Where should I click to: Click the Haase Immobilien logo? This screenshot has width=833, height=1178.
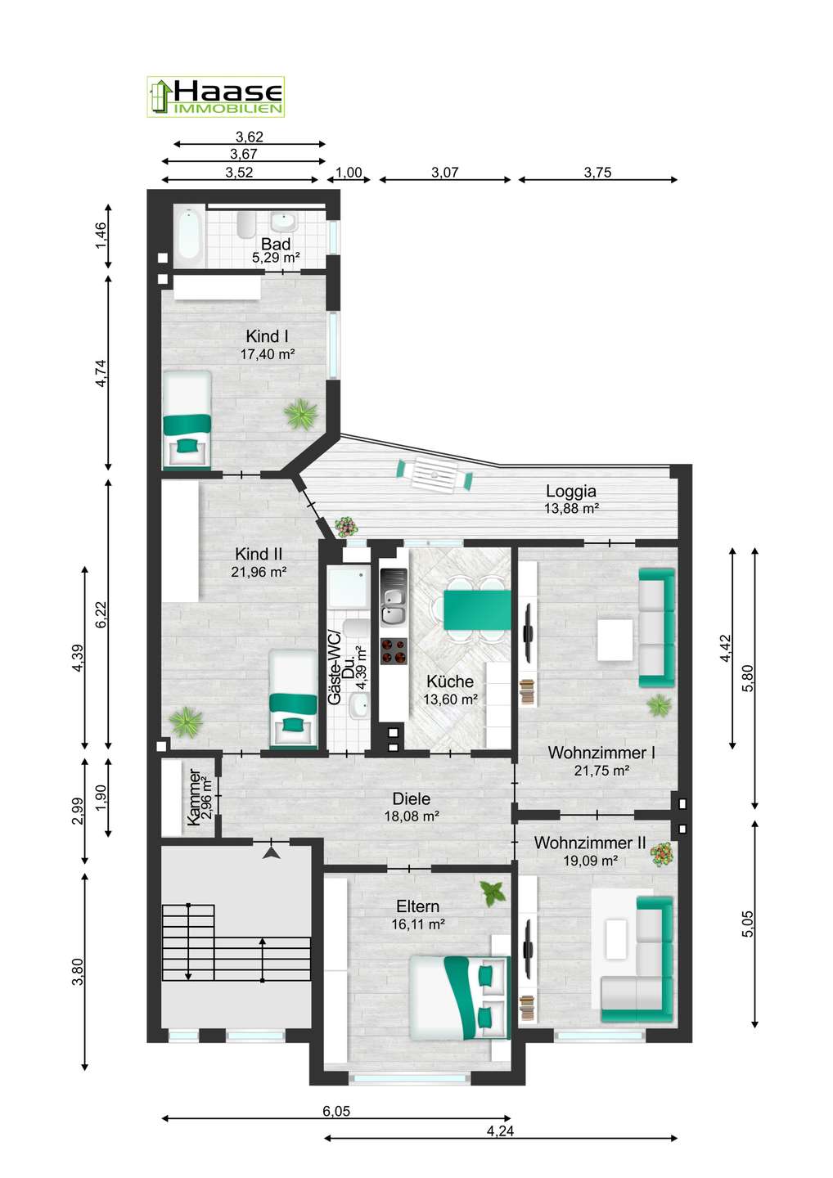(215, 97)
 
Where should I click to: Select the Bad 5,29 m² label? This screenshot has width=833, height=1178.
(276, 250)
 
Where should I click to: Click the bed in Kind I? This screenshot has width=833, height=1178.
(187, 419)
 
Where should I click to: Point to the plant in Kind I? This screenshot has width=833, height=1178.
(301, 415)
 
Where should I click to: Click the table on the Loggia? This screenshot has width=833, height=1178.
(435, 474)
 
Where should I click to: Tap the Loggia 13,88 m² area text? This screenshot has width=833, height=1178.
(572, 499)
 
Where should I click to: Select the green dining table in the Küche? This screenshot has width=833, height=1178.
(477, 609)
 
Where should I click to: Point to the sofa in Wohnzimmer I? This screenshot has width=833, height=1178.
(656, 627)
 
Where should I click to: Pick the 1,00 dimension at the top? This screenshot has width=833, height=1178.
(349, 173)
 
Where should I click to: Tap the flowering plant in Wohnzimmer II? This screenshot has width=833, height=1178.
(661, 854)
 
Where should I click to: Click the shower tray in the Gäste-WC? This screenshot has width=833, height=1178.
(346, 587)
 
